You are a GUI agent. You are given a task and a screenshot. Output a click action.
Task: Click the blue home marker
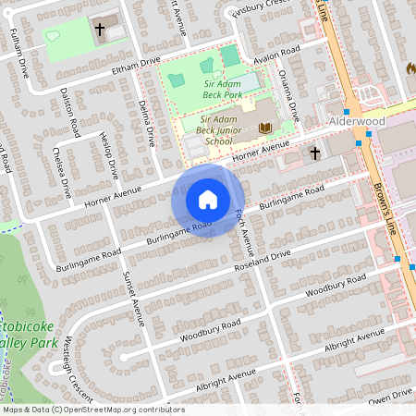208,200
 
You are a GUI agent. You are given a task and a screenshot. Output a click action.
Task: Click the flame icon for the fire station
410,68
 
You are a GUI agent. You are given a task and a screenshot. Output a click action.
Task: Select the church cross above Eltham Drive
99,29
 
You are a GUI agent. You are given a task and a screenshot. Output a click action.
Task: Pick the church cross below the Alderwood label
314,153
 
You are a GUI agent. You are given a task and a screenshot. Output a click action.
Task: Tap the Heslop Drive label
107,156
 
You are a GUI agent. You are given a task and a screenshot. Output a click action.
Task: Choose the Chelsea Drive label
62,173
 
